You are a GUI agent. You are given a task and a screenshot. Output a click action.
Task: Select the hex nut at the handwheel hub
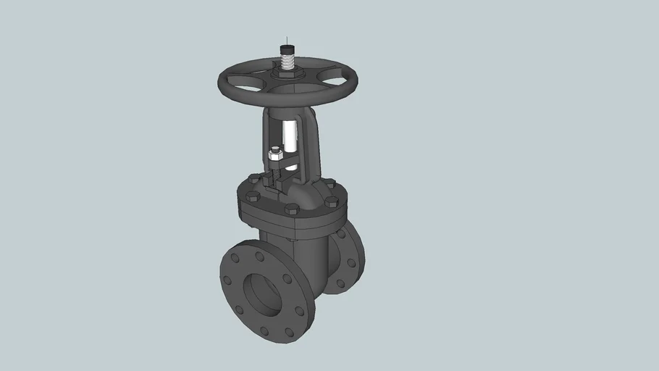287,73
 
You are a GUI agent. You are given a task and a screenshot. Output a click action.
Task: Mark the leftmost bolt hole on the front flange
227,280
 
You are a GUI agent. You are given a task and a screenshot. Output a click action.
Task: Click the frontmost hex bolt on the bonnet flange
291,209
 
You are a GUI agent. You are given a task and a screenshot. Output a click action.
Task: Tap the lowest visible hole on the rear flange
340,283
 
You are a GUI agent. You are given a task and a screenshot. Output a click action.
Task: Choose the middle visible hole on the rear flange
351,262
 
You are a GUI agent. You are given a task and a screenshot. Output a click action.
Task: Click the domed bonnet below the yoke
301,196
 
